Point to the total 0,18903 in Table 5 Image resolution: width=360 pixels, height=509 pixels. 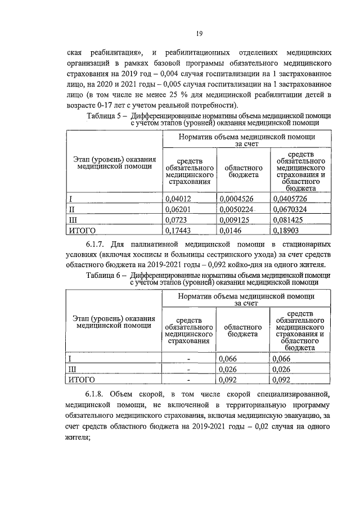[x=287, y=231]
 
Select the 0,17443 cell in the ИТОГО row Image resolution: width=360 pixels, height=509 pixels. [x=178, y=231]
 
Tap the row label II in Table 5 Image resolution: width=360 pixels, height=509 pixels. [x=71, y=209]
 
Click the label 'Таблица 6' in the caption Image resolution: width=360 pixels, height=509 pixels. [x=104, y=275]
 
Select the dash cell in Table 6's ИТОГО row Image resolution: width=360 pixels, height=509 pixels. [x=189, y=380]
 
